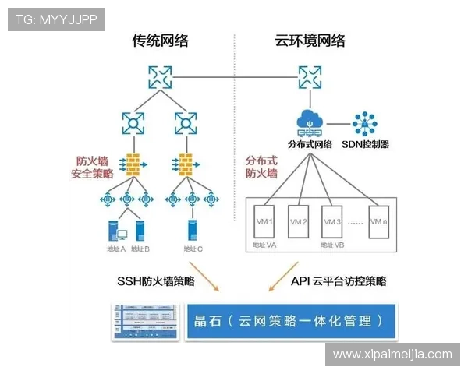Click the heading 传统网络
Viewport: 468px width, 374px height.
(160, 41)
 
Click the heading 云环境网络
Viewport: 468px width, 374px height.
(310, 41)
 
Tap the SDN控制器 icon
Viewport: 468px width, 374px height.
(364, 122)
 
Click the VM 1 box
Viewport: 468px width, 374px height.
(266, 222)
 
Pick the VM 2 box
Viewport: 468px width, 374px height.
(300, 222)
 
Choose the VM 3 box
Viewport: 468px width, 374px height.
(334, 222)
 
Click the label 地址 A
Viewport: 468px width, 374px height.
(115, 249)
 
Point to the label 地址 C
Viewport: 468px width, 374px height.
(192, 249)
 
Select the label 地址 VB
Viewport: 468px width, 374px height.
(332, 246)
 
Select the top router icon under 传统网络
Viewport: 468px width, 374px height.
(160, 76)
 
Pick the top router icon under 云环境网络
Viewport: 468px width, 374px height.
(309, 76)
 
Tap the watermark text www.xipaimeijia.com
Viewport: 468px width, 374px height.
(392, 355)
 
